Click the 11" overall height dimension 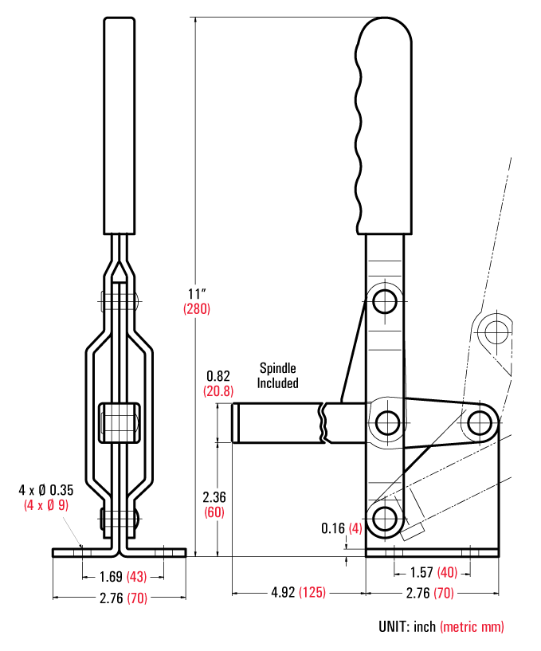(196, 291)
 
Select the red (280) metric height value (197, 308)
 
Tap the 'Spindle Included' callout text (277, 375)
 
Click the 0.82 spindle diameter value (218, 375)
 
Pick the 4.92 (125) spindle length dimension (299, 593)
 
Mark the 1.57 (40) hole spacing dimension (433, 571)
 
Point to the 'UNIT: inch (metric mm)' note (441, 627)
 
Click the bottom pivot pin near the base (386, 516)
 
